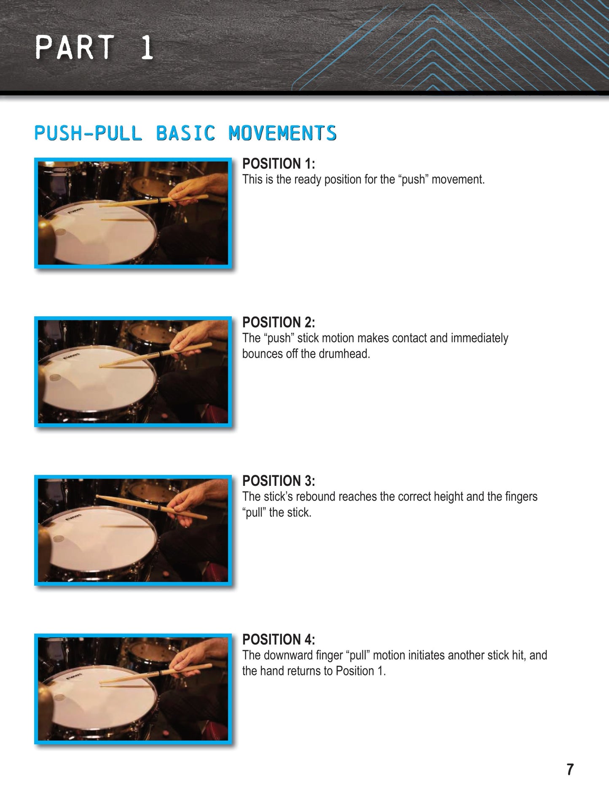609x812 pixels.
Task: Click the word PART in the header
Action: pyautogui.click(x=75, y=47)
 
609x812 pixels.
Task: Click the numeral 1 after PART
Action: pyautogui.click(x=147, y=47)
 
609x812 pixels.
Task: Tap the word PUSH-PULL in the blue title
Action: pyautogui.click(x=88, y=133)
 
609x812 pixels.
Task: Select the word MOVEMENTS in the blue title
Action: pyautogui.click(x=282, y=133)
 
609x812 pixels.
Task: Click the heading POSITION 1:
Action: pyautogui.click(x=279, y=163)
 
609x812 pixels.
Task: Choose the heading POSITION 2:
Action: pyautogui.click(x=279, y=322)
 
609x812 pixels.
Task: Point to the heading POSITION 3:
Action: pyautogui.click(x=279, y=481)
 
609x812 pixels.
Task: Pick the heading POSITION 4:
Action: pyautogui.click(x=279, y=640)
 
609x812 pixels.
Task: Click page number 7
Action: pyautogui.click(x=570, y=769)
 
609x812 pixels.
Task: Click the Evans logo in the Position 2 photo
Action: pyautogui.click(x=71, y=356)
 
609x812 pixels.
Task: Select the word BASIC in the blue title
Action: pyautogui.click(x=185, y=133)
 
